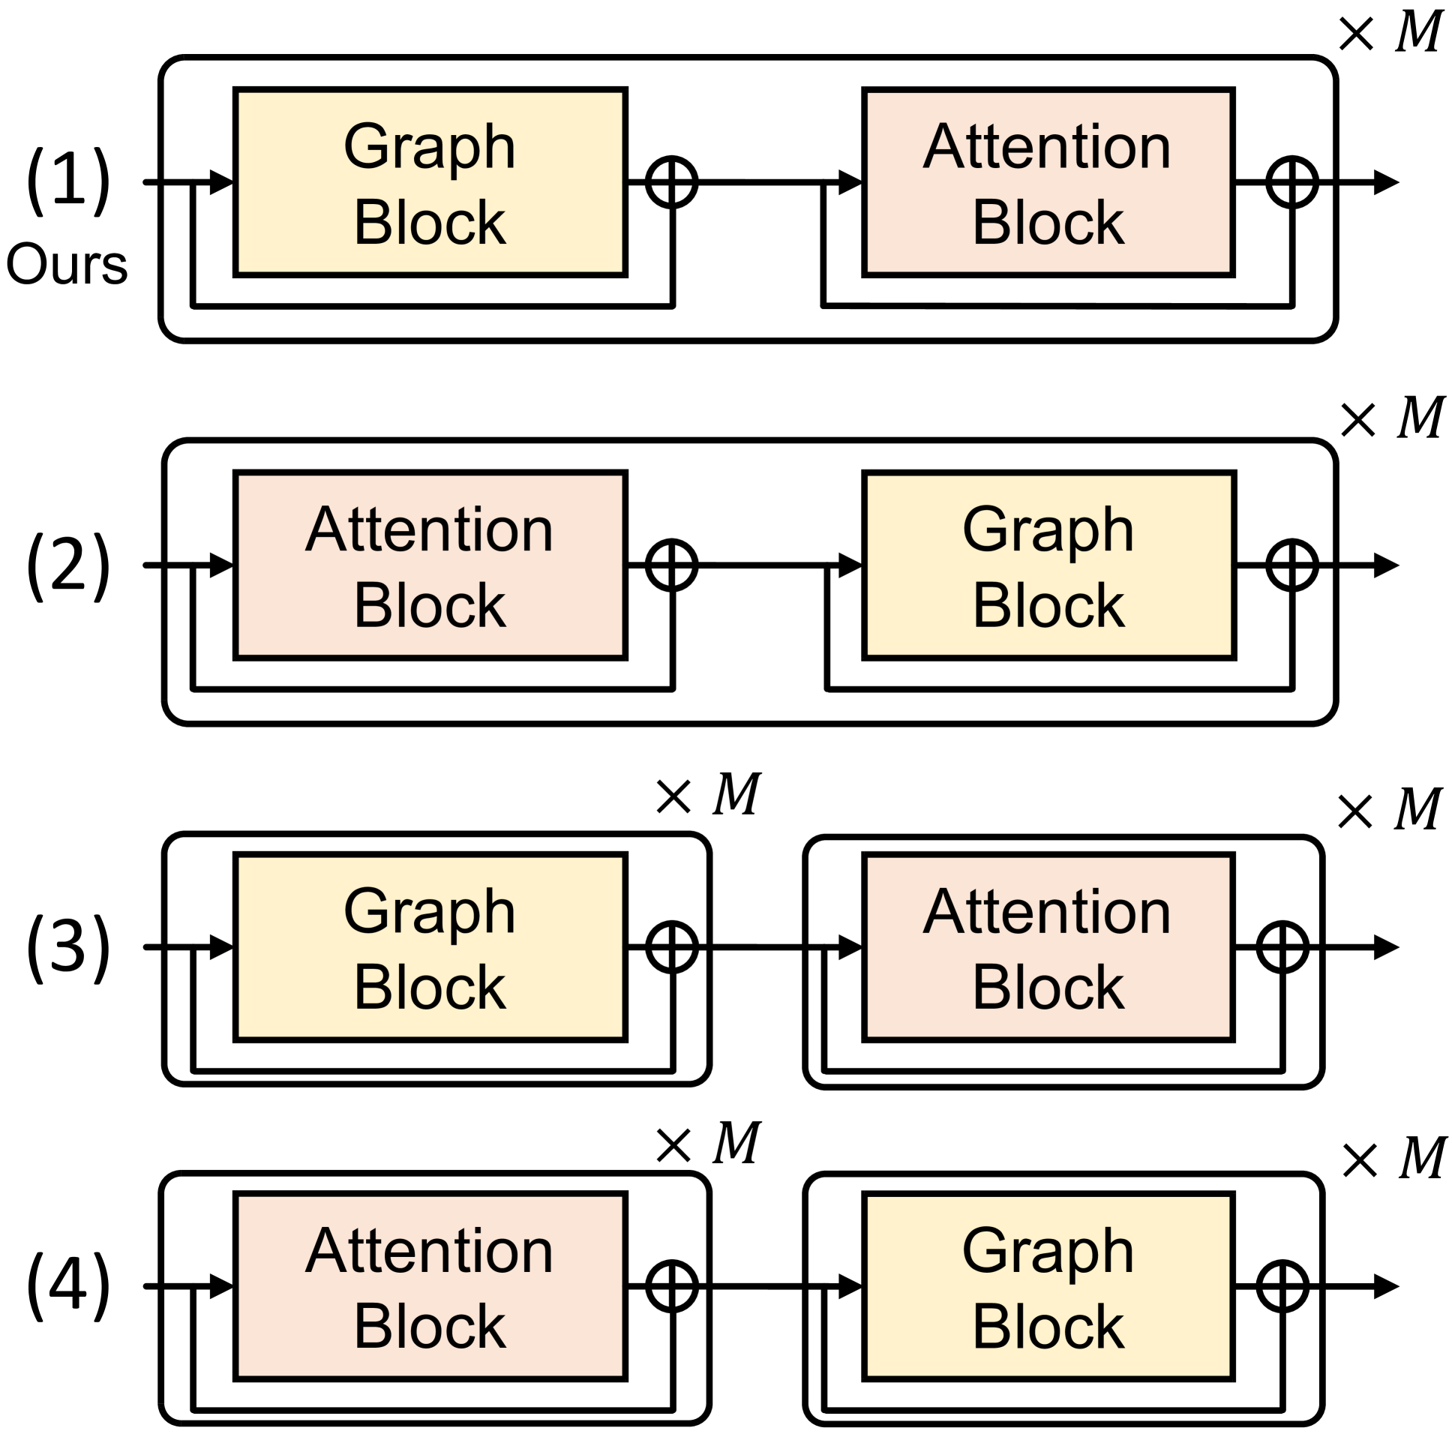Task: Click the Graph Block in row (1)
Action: (430, 183)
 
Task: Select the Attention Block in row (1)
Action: (1049, 183)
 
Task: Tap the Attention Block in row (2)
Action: (430, 565)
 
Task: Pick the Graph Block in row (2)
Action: (1049, 565)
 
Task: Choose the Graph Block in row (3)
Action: (430, 947)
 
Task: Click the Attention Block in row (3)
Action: (1049, 947)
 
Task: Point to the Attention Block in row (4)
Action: (430, 1287)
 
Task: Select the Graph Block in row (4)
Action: (1049, 1287)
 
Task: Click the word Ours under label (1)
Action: (67, 265)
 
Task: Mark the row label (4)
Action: (68, 1287)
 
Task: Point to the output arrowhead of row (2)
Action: (1386, 565)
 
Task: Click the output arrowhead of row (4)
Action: (1386, 1287)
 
